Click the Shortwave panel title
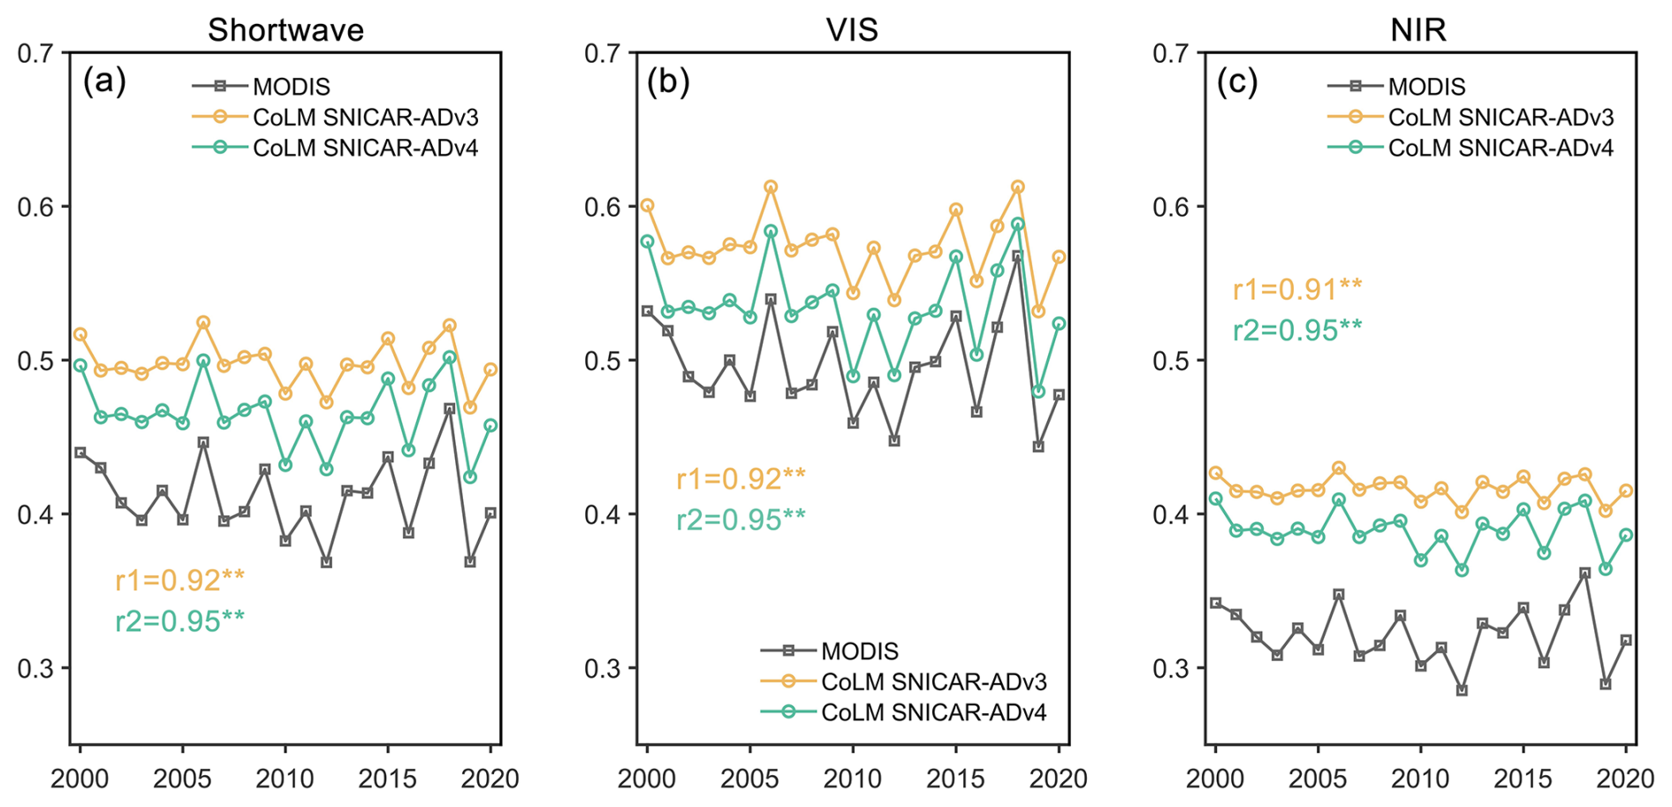tap(285, 30)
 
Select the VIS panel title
tap(852, 30)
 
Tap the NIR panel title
tap(1418, 30)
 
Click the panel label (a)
tap(104, 82)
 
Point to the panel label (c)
tap(1237, 82)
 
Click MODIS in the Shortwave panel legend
tap(291, 87)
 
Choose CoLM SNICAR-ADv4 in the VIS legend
tap(933, 712)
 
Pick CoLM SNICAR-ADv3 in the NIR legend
tap(1501, 118)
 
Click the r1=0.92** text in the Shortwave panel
tap(179, 580)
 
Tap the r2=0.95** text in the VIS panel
tap(741, 520)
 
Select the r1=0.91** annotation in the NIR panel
tap(1297, 289)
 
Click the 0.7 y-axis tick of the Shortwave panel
tap(35, 54)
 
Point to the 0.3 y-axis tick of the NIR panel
tap(1170, 668)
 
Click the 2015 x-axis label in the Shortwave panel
tap(387, 779)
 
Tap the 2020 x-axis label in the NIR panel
tap(1625, 779)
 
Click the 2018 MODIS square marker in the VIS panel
tap(1017, 256)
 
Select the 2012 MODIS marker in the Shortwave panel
tap(326, 562)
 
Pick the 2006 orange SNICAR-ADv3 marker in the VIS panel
tap(771, 187)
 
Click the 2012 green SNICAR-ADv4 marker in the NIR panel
tap(1462, 570)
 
